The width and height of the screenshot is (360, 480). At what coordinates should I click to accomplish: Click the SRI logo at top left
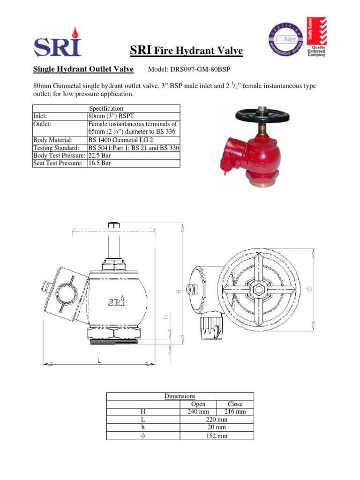[x=57, y=42]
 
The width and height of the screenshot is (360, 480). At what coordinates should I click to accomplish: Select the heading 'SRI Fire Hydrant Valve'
[x=186, y=51]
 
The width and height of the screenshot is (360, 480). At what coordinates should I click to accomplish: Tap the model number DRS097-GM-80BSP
[x=189, y=70]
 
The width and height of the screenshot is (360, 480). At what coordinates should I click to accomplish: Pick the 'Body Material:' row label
[x=52, y=140]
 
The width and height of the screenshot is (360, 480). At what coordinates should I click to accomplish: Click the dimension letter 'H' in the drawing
[x=178, y=291]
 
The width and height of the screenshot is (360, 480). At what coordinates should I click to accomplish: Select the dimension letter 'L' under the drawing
[x=99, y=360]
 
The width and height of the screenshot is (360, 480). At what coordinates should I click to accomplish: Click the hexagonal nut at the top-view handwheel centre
[x=257, y=289]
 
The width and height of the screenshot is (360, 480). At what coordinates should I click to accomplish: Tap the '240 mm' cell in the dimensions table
[x=198, y=412]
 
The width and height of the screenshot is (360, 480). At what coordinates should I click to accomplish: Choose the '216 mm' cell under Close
[x=235, y=412]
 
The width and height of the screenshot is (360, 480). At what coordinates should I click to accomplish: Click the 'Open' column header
[x=198, y=404]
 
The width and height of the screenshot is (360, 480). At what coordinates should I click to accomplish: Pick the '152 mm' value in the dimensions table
[x=217, y=436]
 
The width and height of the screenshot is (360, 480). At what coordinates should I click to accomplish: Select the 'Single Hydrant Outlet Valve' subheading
[x=83, y=69]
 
